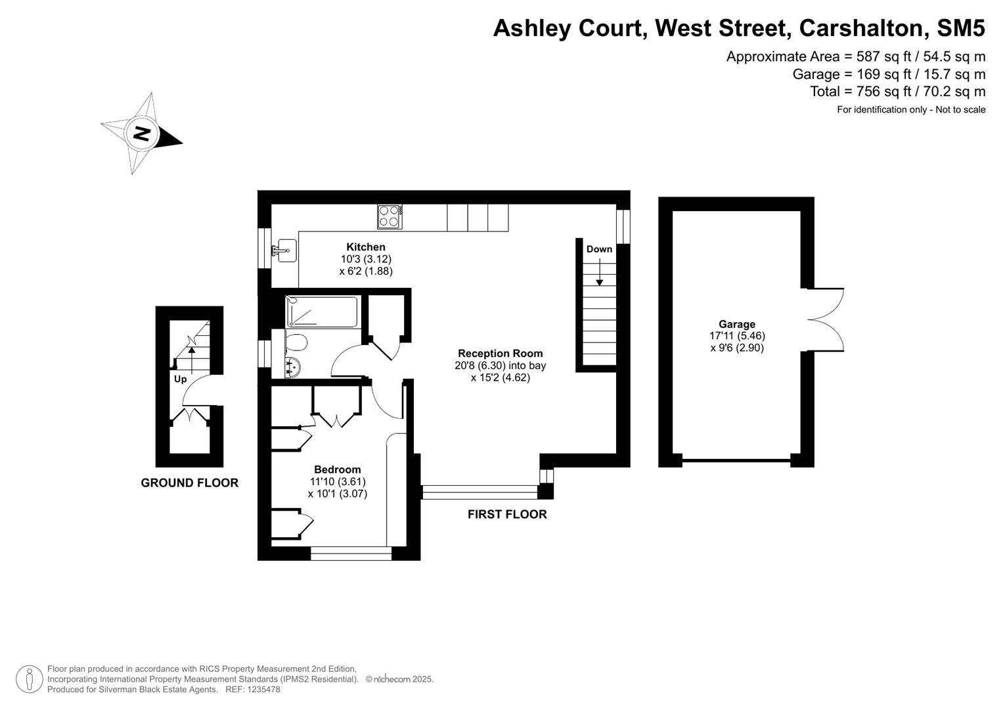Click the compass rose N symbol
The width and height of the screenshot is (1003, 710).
click(x=142, y=133)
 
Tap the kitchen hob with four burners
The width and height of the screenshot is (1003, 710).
click(x=390, y=217)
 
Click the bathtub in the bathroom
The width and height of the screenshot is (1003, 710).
click(x=322, y=312)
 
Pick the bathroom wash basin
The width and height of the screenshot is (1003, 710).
click(x=293, y=367)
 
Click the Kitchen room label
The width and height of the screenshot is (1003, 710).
click(x=366, y=247)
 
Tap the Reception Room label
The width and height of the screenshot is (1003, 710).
click(x=500, y=353)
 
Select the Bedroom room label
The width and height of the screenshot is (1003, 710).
click(x=337, y=469)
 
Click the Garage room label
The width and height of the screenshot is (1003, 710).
click(x=736, y=324)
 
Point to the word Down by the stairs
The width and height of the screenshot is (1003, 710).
click(x=599, y=249)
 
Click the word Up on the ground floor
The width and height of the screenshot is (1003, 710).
click(x=180, y=379)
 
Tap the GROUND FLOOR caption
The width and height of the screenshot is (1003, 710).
click(x=189, y=483)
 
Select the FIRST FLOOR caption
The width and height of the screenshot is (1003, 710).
click(x=507, y=514)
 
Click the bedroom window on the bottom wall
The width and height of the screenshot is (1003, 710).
click(x=351, y=554)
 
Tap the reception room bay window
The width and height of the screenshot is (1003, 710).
click(x=479, y=492)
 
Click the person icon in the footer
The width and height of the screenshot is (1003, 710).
click(x=30, y=679)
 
